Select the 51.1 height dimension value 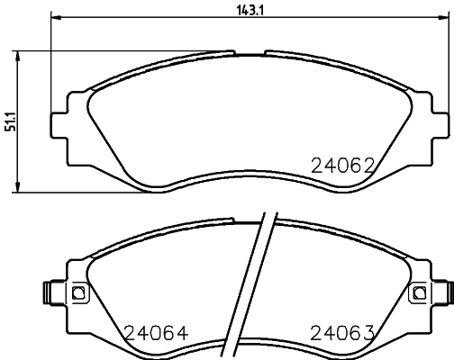pos(10,120)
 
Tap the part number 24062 pos(341,165)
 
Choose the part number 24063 pos(341,332)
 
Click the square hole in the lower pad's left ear pos(77,293)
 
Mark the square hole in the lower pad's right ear pos(417,293)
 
